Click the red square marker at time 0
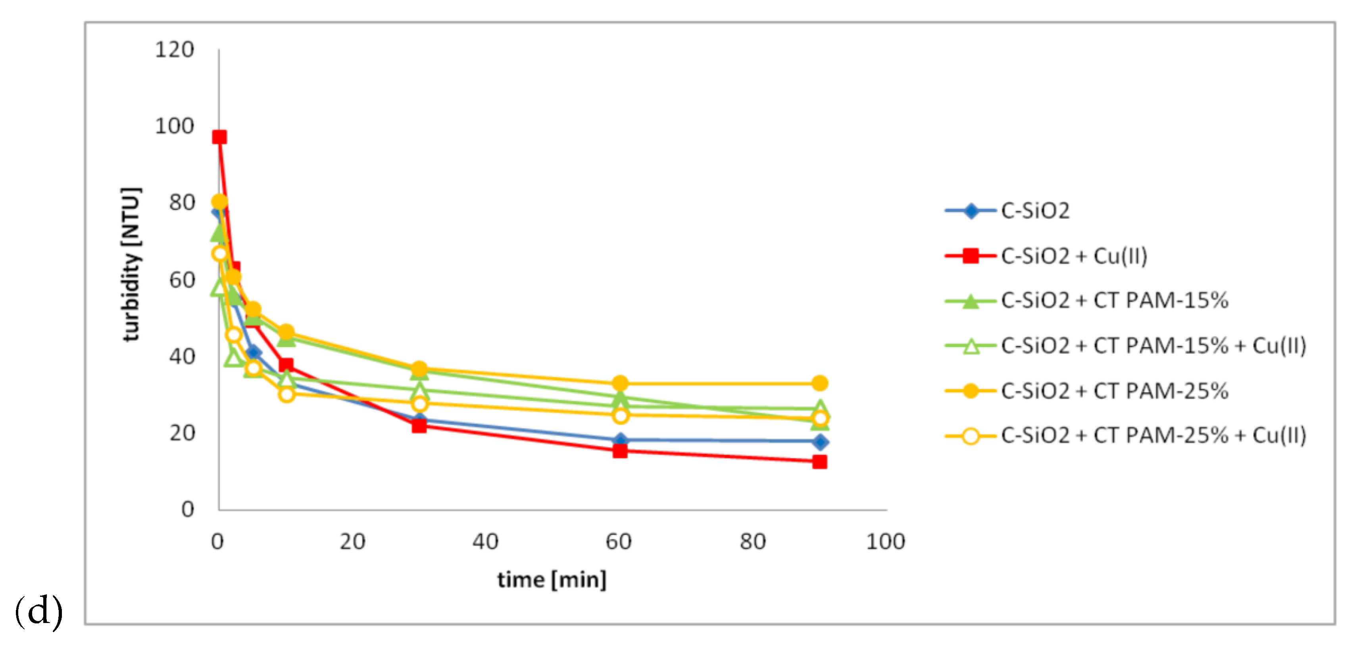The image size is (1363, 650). pyautogui.click(x=219, y=137)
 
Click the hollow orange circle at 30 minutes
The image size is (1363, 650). pyautogui.click(x=419, y=404)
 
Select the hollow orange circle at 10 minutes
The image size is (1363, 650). pyautogui.click(x=286, y=394)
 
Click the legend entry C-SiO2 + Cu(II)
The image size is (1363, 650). pyautogui.click(x=1074, y=256)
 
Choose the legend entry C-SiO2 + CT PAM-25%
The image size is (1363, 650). pyautogui.click(x=1114, y=391)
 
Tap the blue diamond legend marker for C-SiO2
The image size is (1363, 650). pyautogui.click(x=971, y=211)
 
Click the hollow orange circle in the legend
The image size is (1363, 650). pyautogui.click(x=971, y=436)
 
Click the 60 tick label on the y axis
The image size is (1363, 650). pyautogui.click(x=181, y=280)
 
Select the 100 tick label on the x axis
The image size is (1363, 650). pyautogui.click(x=885, y=542)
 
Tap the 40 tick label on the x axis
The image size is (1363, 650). pyautogui.click(x=485, y=542)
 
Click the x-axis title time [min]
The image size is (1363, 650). pyautogui.click(x=552, y=580)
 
